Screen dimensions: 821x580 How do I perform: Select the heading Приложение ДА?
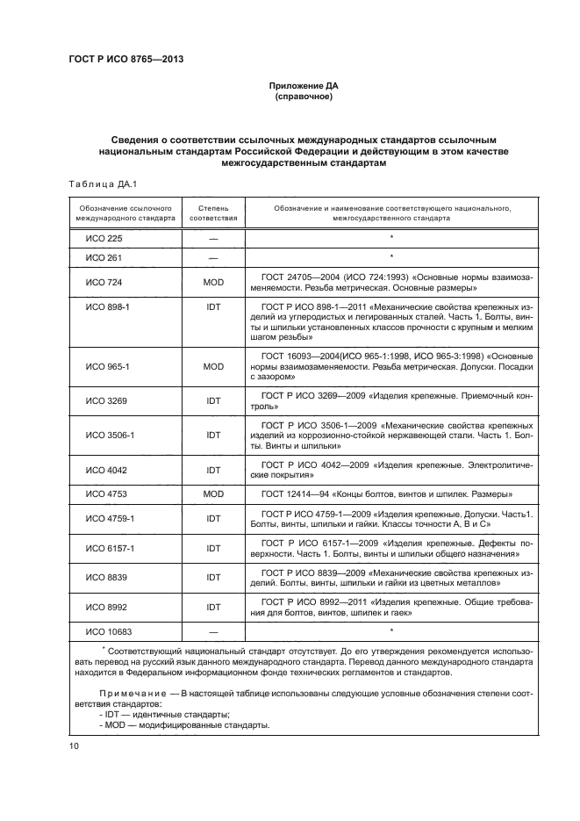(303, 85)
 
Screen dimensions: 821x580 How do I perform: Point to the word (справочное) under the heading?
(303, 97)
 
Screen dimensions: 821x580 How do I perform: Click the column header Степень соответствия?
(213, 211)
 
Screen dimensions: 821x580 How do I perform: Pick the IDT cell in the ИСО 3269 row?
(213, 400)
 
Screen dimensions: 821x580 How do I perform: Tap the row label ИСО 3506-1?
(109, 435)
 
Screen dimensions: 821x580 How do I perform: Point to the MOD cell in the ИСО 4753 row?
(213, 494)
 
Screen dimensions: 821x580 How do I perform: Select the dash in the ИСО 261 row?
(213, 257)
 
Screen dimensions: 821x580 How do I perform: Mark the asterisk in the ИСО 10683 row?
(390, 630)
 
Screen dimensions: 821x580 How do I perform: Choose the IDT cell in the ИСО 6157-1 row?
(213, 548)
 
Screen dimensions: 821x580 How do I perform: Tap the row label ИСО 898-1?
(107, 308)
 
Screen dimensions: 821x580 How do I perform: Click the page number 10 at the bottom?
(73, 746)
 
